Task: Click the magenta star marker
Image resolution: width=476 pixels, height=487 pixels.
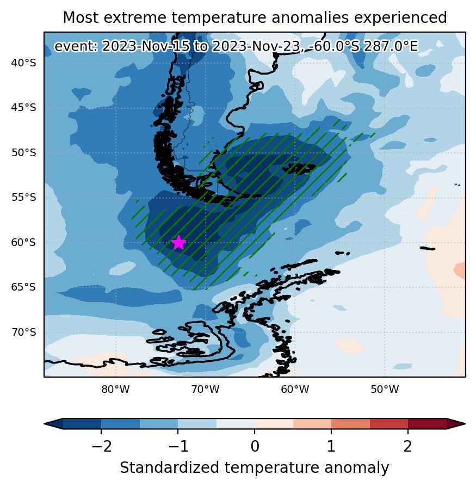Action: click(x=178, y=242)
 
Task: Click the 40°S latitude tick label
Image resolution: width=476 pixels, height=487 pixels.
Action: click(x=23, y=63)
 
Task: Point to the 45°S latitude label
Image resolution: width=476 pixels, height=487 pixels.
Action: click(x=23, y=108)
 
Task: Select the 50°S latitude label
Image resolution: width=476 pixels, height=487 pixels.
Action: click(x=23, y=153)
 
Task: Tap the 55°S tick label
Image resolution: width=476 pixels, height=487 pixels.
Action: click(x=23, y=197)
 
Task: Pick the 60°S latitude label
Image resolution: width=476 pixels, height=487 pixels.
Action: click(x=23, y=242)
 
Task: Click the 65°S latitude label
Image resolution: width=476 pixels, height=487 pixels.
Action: click(x=23, y=287)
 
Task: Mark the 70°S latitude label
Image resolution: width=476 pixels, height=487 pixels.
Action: click(x=23, y=332)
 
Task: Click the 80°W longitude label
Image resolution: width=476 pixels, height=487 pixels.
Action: click(x=115, y=389)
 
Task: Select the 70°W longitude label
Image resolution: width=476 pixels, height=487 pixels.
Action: click(x=205, y=389)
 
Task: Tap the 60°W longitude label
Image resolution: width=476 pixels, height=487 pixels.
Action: click(x=295, y=389)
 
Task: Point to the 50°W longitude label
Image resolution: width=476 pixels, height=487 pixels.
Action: click(x=385, y=389)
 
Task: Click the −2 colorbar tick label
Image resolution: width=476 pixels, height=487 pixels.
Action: click(x=102, y=447)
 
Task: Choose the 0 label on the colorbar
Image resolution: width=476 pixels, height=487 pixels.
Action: click(x=255, y=447)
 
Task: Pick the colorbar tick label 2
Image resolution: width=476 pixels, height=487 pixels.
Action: click(x=407, y=447)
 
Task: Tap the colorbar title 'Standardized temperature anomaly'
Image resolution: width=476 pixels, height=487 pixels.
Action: click(x=254, y=468)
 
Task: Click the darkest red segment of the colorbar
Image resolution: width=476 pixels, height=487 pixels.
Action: click(x=427, y=424)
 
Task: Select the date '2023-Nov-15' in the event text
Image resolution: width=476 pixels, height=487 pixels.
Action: click(x=145, y=47)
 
